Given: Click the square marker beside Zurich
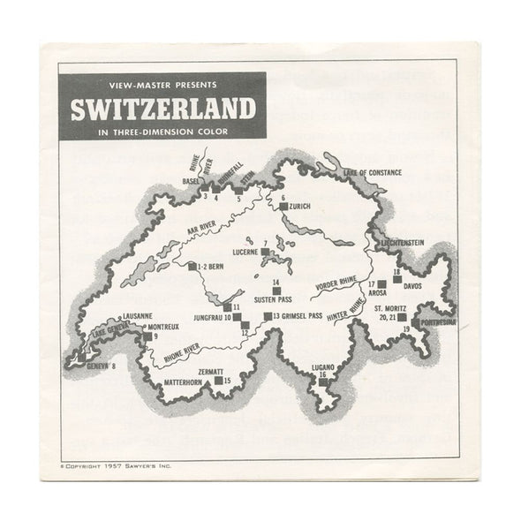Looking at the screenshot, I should pos(283,206).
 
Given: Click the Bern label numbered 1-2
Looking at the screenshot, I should pos(212,265).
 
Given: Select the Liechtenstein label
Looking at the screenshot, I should pos(403,241).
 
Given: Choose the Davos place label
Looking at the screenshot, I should pos(414,286).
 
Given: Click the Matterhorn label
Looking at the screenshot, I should pos(190,381).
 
